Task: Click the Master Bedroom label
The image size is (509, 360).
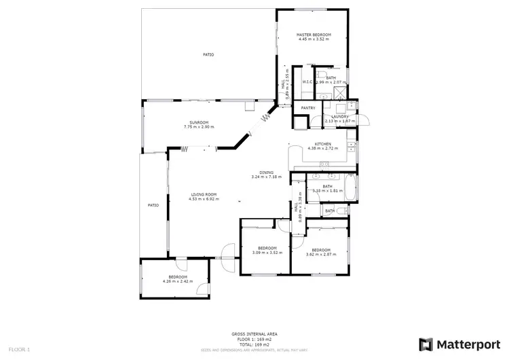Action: pos(313,35)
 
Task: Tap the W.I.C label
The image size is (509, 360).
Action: pos(307,82)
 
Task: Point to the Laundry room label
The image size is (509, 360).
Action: pos(339,116)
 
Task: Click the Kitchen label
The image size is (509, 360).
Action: pos(322,144)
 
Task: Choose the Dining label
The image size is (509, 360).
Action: pos(266,173)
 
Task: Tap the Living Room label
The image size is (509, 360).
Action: pos(203,195)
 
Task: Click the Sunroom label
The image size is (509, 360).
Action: pos(199,123)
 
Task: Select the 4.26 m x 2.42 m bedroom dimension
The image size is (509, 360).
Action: pos(178,281)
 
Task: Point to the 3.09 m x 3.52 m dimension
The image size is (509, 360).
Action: pos(267,252)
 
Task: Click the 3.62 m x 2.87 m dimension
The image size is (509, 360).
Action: pos(320,253)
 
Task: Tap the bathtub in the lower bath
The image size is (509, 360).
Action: pos(349,188)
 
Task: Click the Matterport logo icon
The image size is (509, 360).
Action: pos(427,344)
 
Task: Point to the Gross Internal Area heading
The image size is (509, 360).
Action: pos(254,334)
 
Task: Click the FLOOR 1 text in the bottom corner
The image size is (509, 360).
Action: pos(20,349)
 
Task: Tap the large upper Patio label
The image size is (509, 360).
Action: pos(208,54)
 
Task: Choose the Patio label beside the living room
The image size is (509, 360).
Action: pos(153,205)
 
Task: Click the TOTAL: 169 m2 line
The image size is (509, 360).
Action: pos(254,344)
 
